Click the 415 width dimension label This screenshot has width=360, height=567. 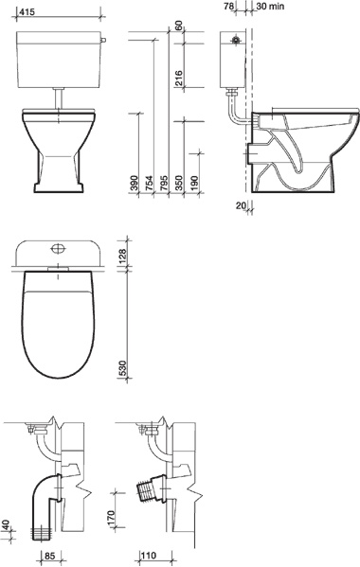(x=27, y=12)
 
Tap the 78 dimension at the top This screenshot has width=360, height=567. (x=228, y=6)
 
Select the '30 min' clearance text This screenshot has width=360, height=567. (x=270, y=6)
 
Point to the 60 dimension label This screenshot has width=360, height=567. (x=178, y=27)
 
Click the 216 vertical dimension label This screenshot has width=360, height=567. (x=178, y=79)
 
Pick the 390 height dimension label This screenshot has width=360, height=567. (x=134, y=183)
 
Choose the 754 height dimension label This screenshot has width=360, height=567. (x=149, y=183)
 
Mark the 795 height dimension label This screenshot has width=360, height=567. (x=164, y=183)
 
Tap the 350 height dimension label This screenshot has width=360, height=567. (x=179, y=183)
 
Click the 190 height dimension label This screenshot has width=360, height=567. (x=194, y=183)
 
